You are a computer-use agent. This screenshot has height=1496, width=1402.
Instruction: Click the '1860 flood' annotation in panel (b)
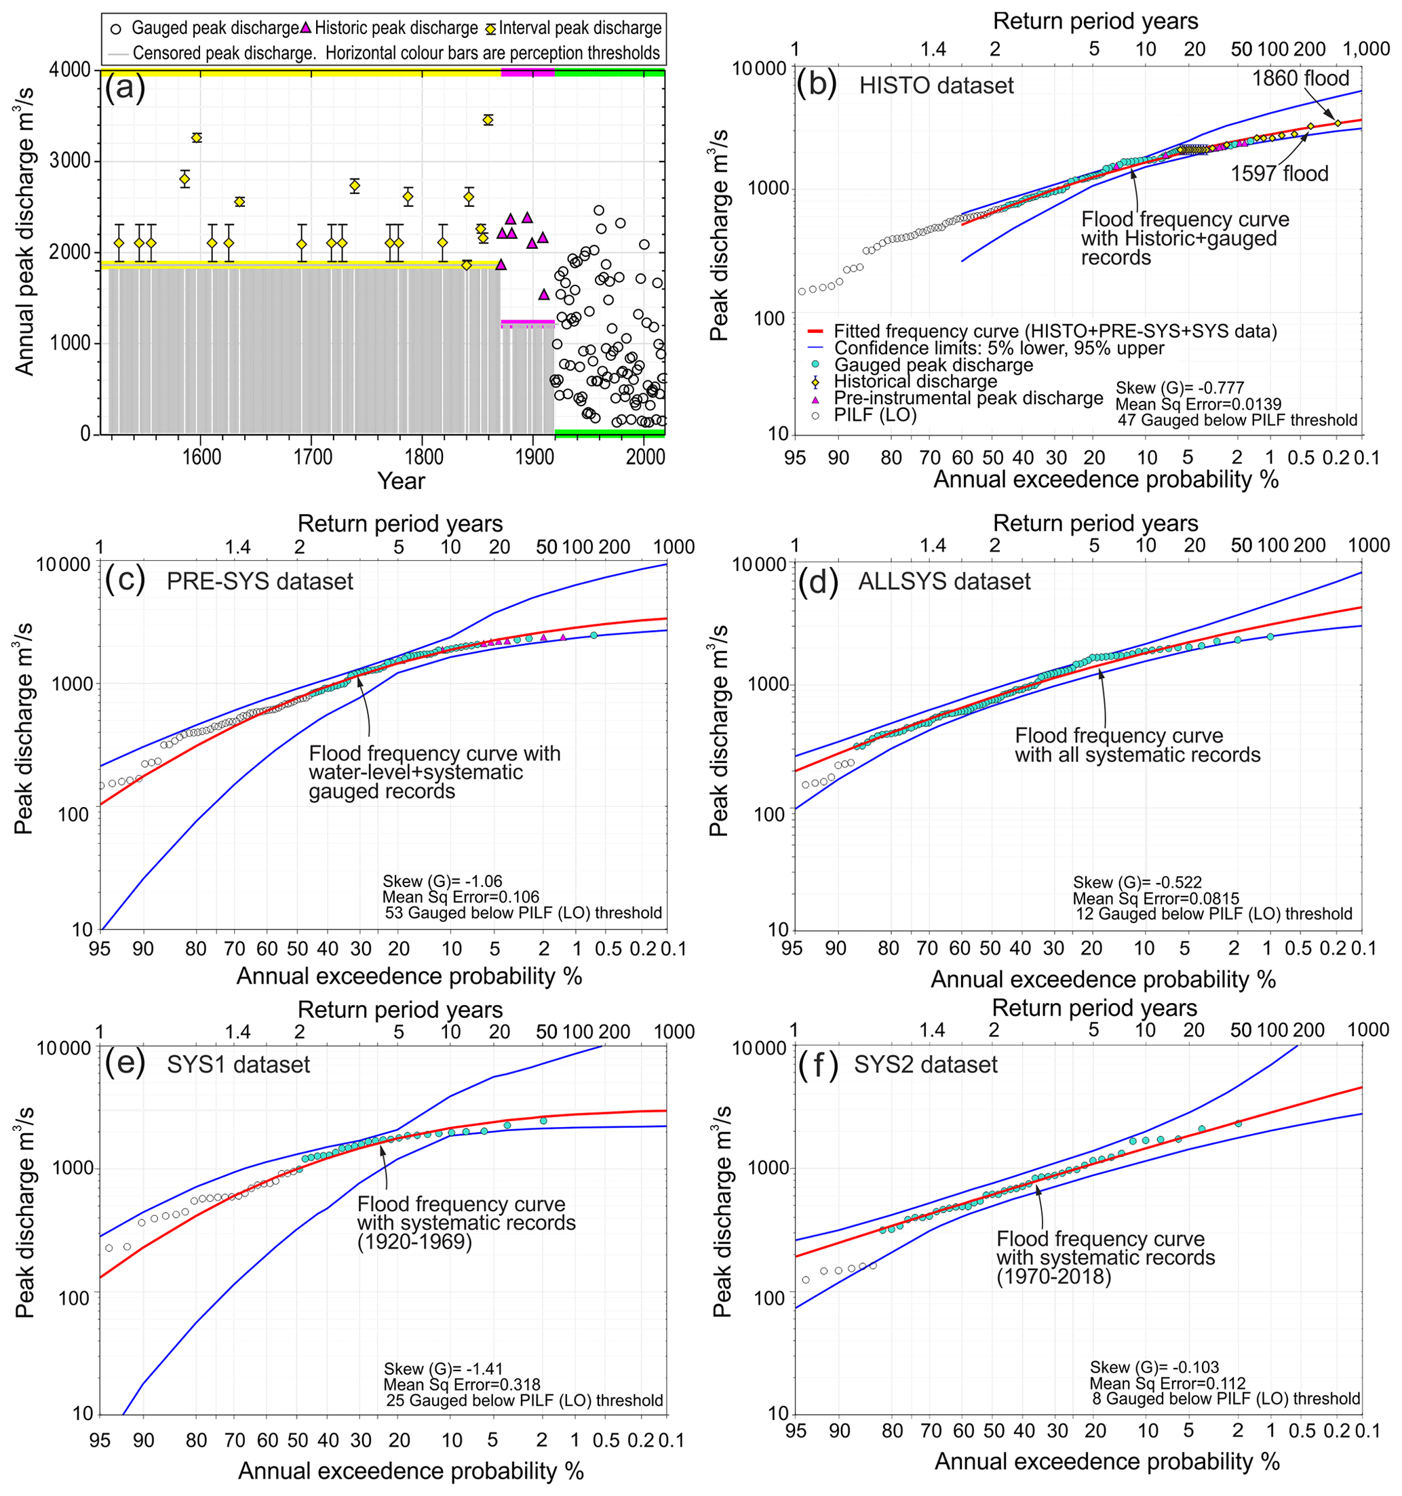[x=1300, y=78]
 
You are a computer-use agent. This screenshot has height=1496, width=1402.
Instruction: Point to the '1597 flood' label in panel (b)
[x=1279, y=174]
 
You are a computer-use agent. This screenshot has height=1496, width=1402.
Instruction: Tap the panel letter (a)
[x=125, y=88]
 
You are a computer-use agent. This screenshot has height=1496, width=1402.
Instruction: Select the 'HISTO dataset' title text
[x=936, y=86]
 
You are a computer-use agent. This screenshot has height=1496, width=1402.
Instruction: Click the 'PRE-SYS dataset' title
[x=260, y=582]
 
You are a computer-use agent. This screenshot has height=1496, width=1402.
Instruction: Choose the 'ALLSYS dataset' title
[x=944, y=582]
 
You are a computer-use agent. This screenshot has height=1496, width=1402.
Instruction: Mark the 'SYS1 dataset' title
[x=239, y=1065]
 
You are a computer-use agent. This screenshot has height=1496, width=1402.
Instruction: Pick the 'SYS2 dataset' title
[x=926, y=1065]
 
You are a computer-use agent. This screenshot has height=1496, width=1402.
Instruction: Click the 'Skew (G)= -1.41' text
[x=443, y=1369]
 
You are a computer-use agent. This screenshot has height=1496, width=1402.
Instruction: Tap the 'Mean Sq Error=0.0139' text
[x=1198, y=404]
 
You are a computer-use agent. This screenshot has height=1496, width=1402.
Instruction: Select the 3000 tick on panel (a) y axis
[x=71, y=161]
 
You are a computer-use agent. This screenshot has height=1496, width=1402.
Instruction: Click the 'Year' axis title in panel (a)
[x=401, y=481]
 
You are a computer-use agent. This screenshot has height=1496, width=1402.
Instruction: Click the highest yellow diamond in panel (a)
[x=488, y=119]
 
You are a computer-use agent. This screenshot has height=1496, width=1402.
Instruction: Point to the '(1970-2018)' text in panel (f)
[x=1053, y=1277]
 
